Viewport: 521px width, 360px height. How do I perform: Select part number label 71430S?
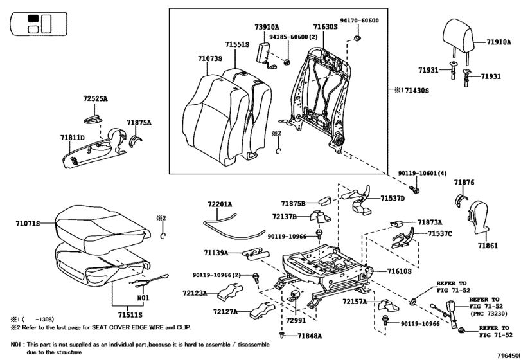click(x=417, y=91)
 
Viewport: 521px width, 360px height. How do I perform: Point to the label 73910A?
click(x=267, y=27)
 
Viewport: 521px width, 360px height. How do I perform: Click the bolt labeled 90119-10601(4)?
click(x=415, y=190)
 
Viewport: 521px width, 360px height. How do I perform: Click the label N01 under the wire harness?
click(x=143, y=298)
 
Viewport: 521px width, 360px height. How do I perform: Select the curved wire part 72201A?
click(x=233, y=227)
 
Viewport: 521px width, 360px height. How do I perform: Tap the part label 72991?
click(x=296, y=320)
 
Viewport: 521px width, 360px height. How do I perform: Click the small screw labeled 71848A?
click(x=282, y=336)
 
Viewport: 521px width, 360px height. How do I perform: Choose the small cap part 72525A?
click(x=92, y=120)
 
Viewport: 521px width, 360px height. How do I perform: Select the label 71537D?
click(x=393, y=199)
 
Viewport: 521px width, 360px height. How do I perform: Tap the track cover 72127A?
click(x=263, y=310)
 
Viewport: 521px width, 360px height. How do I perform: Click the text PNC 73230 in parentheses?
click(x=489, y=314)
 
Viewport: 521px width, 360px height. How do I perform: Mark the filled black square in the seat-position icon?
click(x=33, y=19)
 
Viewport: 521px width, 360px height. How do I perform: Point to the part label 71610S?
click(x=399, y=271)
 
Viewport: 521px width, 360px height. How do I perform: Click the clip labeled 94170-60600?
click(x=357, y=37)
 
